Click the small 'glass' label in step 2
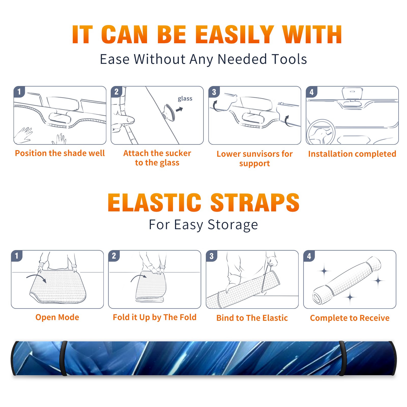(185, 99)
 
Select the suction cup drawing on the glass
(169, 112)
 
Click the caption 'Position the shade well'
(60, 153)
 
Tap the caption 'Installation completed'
(352, 154)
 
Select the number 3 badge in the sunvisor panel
(214, 92)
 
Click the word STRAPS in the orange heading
(255, 202)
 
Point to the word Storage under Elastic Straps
(233, 225)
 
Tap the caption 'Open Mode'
(57, 317)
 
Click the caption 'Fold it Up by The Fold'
(155, 317)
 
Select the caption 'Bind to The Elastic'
(252, 318)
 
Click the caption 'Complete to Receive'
(350, 318)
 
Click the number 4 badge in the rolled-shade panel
(309, 256)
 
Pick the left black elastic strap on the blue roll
(63, 358)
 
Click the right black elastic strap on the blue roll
(342, 358)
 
